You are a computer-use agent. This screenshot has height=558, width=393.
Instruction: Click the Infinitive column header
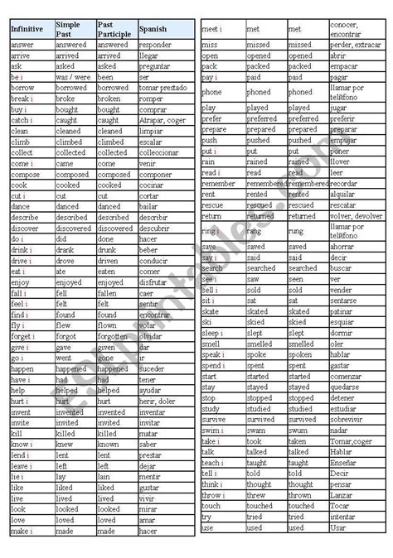[27, 29]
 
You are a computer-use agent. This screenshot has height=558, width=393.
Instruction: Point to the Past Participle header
[114, 29]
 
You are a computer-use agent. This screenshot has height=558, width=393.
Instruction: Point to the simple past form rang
[254, 231]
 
